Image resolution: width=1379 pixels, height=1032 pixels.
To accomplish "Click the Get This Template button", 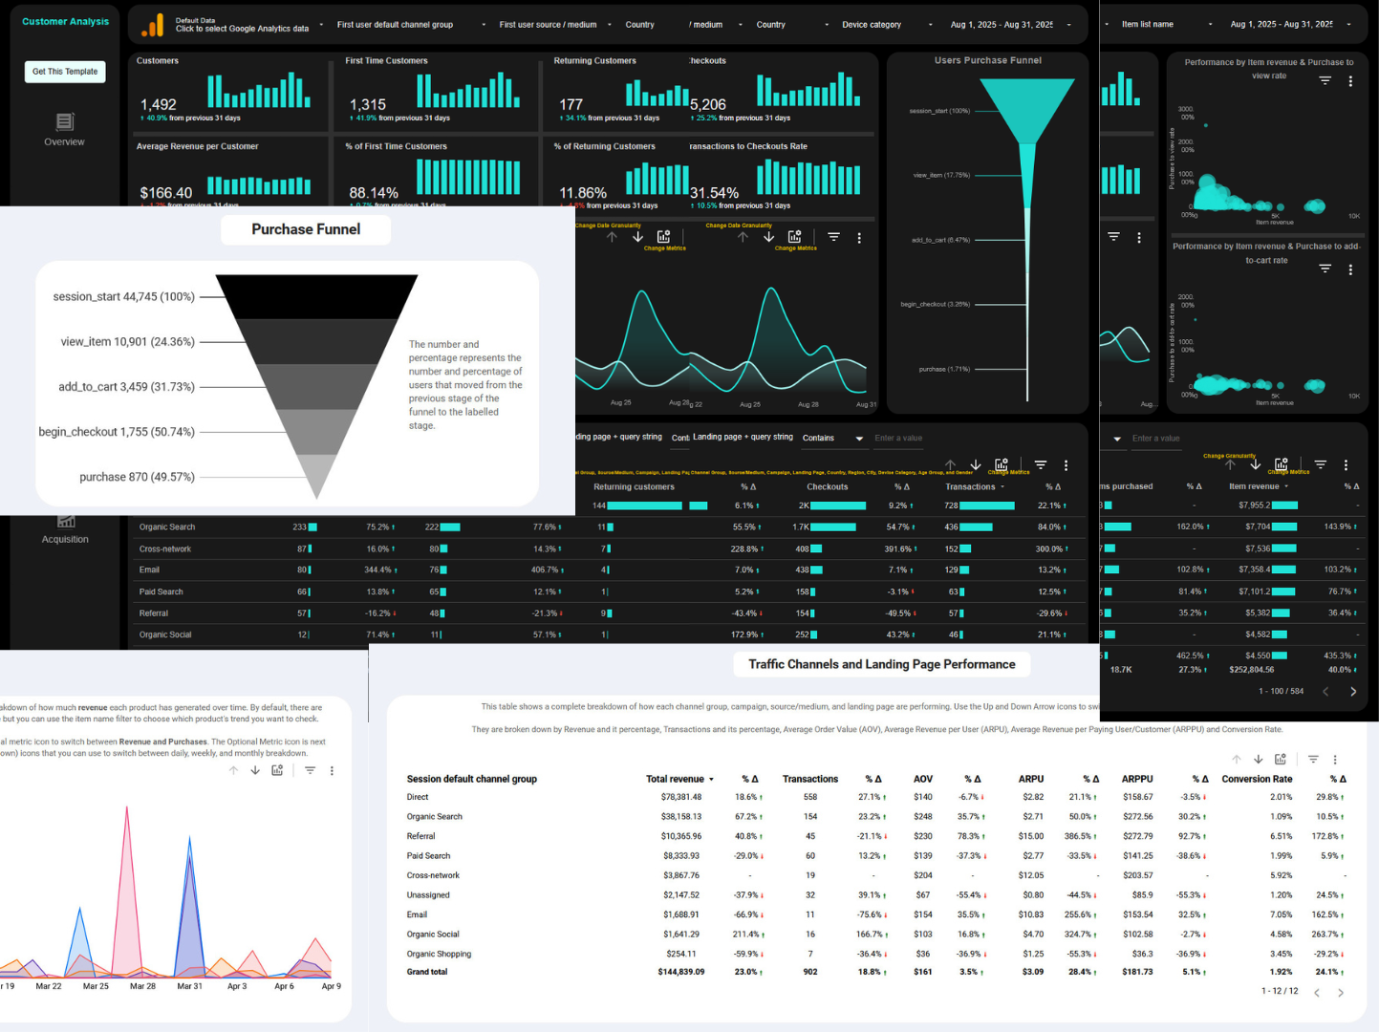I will point(65,72).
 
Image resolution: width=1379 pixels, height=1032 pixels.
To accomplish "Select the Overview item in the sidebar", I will point(64,141).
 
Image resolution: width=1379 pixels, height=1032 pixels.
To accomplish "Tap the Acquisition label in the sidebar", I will point(65,539).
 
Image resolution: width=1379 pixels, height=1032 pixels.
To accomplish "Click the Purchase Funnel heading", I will point(306,229).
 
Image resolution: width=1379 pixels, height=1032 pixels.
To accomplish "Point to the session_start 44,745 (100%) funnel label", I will point(123,297).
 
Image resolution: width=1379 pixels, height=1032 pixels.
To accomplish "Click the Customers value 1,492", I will point(159,104).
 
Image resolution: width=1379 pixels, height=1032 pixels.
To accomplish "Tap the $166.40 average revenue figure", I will point(166,193).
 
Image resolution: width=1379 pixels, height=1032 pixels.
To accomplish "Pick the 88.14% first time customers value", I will point(374,193).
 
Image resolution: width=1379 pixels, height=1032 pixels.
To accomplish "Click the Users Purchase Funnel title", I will point(988,60).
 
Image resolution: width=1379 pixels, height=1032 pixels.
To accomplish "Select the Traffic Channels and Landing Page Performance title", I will point(881,664).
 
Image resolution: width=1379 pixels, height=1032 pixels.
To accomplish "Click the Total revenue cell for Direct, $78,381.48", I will point(680,797).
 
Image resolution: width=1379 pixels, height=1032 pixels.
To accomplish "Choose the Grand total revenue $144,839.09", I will point(680,972).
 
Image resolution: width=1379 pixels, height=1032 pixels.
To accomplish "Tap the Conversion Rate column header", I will point(1257,779).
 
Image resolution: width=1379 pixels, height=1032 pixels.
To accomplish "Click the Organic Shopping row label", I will point(439,954).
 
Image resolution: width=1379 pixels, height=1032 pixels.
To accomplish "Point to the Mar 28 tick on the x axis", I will point(142,986).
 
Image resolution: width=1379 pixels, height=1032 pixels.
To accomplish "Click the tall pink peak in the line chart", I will point(127,808).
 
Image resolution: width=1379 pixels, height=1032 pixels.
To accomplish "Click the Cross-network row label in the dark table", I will point(165,549).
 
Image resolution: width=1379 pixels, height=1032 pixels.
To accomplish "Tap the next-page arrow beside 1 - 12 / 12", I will point(1341,993).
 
